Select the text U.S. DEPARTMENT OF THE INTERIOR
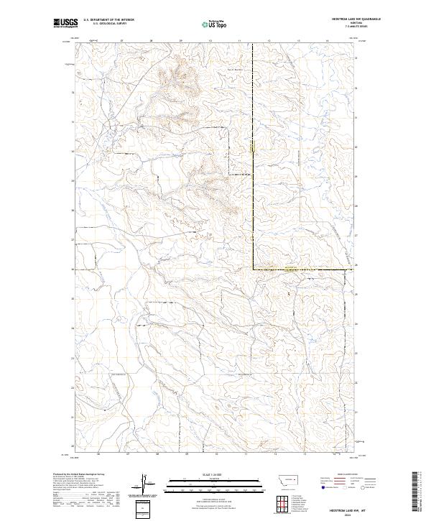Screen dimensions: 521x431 click(108, 21)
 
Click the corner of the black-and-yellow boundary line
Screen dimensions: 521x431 click(252, 269)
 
